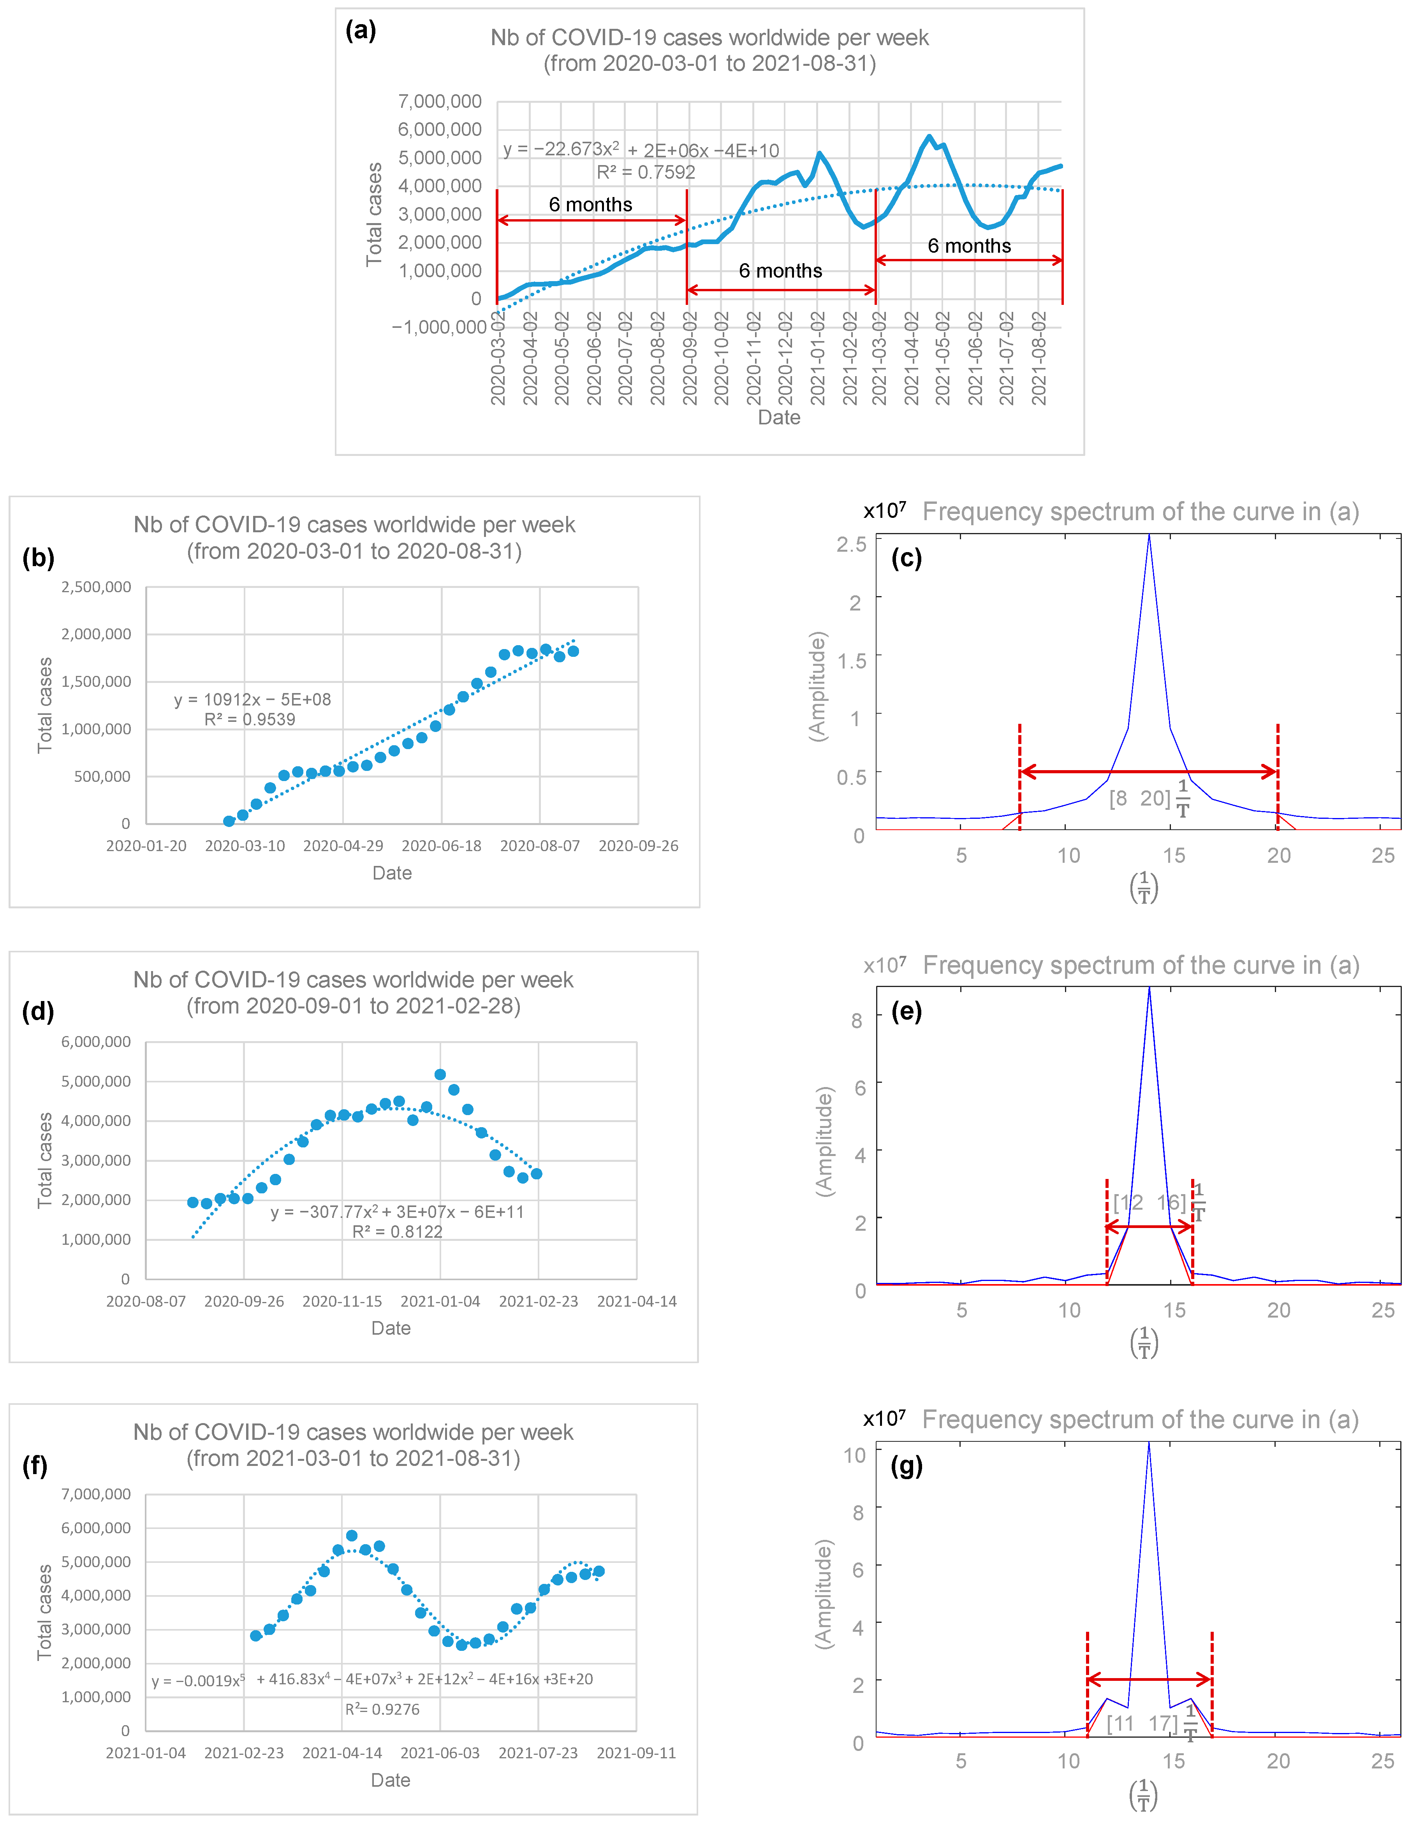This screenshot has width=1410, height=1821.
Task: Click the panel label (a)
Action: click(360, 31)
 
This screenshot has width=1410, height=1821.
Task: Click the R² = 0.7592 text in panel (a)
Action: click(645, 172)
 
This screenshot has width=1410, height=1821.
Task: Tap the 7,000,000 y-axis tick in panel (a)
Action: click(439, 102)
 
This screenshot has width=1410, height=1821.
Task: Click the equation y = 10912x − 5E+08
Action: click(252, 700)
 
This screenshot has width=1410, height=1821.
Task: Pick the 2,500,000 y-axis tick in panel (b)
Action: click(96, 587)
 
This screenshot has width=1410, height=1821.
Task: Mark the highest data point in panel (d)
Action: click(440, 1075)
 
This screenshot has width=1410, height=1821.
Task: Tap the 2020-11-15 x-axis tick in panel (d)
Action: click(342, 1301)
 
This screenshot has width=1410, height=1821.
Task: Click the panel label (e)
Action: click(907, 1012)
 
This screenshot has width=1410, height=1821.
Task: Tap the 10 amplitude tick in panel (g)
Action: click(855, 1455)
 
